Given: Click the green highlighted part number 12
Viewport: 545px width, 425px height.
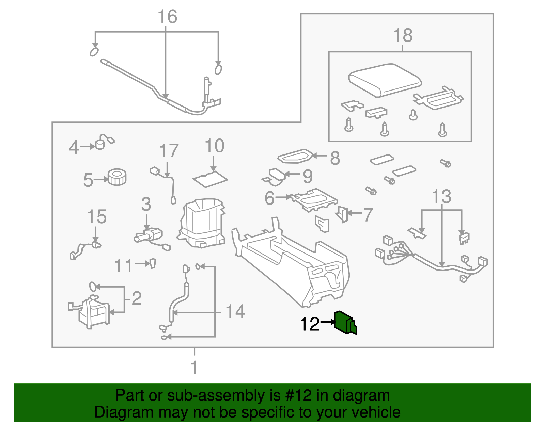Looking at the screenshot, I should coord(345,323).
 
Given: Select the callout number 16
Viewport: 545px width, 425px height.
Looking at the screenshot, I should coord(167,17).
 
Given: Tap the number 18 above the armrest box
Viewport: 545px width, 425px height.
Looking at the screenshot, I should coord(403,35).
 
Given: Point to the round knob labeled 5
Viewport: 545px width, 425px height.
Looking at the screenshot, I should coord(117,177).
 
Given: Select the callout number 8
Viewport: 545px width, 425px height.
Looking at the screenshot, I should coord(335,158).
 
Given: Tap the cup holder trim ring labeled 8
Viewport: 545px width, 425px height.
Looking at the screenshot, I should coord(295,157).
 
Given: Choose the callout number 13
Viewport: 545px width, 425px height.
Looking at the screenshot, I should coord(441,197).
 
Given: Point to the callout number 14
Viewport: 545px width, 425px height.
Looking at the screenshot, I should coord(235,312).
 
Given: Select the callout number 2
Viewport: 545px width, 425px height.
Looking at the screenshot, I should coord(137,298).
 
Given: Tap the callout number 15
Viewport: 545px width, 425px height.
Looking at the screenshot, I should coord(97,216).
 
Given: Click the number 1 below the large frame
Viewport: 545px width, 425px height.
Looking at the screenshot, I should coord(194,367).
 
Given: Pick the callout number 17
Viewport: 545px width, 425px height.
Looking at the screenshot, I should coord(169,151).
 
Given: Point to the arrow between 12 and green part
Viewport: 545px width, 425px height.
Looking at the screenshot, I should coord(328,322).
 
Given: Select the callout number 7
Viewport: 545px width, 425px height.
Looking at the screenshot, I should coord(368,215).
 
